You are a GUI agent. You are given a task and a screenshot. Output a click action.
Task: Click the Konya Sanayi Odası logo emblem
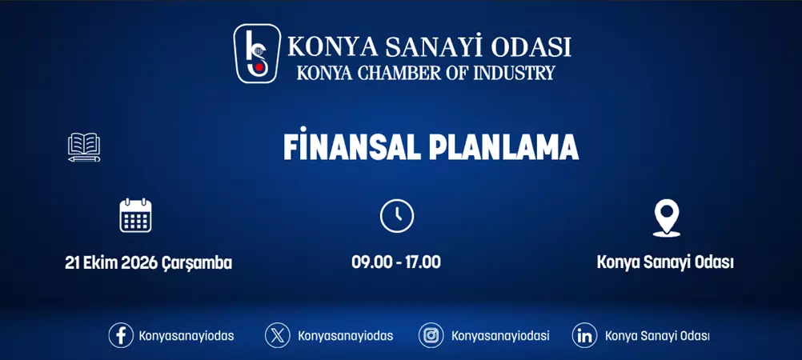257,54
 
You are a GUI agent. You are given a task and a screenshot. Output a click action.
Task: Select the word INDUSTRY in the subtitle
514,73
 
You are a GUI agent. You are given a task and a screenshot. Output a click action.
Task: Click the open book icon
84,147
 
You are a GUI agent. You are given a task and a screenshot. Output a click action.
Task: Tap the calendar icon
135,215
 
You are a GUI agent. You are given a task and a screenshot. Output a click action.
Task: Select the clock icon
396,216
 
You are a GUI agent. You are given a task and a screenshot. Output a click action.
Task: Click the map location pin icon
666,218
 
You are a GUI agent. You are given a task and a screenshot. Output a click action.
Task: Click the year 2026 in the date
141,262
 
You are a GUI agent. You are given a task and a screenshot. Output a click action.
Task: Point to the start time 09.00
370,262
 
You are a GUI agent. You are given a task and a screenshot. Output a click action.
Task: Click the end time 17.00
423,262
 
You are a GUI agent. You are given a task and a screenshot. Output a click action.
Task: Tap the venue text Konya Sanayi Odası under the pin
665,262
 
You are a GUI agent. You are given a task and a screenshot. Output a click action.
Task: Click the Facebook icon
121,335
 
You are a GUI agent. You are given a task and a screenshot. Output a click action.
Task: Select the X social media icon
278,335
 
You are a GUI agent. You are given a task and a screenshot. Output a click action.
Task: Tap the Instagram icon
431,335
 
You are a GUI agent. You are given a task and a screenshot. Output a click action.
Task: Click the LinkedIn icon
585,335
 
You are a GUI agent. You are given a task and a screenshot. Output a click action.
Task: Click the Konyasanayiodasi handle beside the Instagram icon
500,336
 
